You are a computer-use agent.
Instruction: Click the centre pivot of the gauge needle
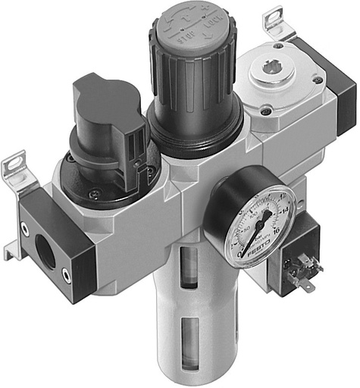tap(258, 226)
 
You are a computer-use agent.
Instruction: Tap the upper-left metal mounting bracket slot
tap(14, 165)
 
